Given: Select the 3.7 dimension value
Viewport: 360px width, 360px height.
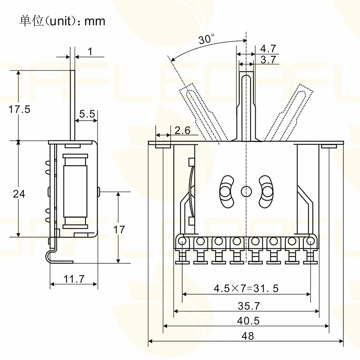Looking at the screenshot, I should pos(268,59).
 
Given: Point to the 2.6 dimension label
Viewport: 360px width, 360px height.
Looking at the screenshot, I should pos(182,130).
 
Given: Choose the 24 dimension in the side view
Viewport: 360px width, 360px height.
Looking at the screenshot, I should pos(19,194).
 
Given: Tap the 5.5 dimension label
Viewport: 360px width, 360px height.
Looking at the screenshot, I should pos(87,114).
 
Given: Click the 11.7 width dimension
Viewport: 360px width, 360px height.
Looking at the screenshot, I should pos(74,279).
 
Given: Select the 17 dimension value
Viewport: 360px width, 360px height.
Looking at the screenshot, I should pos(119,229).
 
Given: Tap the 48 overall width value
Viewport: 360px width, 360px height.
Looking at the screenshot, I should pos(247,336).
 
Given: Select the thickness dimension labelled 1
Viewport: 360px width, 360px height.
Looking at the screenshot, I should pos(90,52).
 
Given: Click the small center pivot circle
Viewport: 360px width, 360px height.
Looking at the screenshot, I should pos(246,191).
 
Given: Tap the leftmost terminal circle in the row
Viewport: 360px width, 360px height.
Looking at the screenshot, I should pos(182,242).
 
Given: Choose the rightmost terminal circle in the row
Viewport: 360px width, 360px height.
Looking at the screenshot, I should pos(310,242).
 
